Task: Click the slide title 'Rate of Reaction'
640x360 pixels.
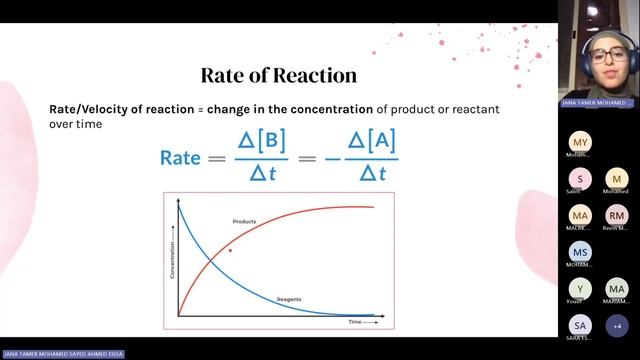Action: coord(279,75)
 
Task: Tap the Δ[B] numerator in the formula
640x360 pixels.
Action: coord(261,140)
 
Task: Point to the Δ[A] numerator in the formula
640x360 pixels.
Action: coord(372,140)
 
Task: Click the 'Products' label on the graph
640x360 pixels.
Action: coord(245,221)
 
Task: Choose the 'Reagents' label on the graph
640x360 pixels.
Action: coord(289,299)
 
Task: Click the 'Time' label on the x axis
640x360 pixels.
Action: coord(355,322)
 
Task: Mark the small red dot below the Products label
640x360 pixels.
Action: coord(230,250)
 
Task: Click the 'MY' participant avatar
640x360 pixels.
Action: coord(580,142)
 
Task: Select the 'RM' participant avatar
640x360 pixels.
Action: coord(616,215)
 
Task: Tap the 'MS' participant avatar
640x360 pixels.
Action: coord(580,252)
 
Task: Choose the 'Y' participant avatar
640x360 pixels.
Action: coord(580,289)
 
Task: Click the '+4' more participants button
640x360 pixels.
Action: coord(616,325)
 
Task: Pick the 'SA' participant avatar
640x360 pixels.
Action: coord(580,325)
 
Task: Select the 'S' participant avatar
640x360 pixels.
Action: coord(580,179)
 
